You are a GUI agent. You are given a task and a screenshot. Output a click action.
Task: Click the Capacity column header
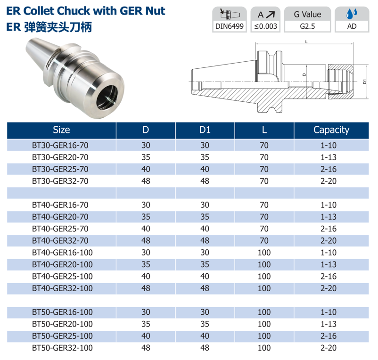coord(331,130)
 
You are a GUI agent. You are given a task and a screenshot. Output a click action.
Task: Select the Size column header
coord(61,130)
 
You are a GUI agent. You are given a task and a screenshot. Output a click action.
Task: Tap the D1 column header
coord(205,130)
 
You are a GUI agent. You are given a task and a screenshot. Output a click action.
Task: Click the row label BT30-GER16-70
coord(60,145)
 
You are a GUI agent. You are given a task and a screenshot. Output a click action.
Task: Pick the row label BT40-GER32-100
coord(62,288)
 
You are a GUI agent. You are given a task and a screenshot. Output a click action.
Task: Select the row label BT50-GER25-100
coord(62,336)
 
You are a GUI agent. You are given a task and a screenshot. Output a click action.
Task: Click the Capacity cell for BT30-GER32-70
coord(329,181)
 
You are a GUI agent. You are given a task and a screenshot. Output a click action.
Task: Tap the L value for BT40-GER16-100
coord(264,253)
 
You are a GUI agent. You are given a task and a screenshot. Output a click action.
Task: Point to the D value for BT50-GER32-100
coord(146,348)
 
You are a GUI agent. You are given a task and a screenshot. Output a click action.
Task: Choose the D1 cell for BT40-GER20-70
coord(205,217)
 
